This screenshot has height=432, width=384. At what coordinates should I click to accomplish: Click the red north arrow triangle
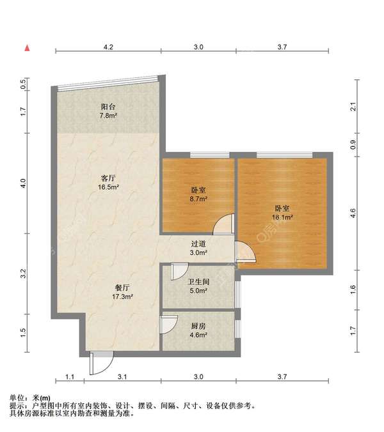point(27,48)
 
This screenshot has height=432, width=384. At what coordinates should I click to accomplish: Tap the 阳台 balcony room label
point(108,107)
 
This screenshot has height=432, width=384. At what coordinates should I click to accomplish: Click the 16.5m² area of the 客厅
point(108,187)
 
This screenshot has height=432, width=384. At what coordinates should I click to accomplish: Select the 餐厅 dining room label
point(122,288)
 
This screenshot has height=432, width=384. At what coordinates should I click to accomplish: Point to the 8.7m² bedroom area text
point(198,199)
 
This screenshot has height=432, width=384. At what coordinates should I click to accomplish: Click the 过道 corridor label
point(198,244)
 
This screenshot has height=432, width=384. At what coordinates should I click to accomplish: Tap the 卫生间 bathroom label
point(198,282)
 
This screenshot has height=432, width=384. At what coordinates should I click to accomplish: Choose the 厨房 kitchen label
point(198,326)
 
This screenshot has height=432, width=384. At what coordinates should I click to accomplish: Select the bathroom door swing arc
point(182,274)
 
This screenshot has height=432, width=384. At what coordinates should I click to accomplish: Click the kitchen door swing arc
point(172,328)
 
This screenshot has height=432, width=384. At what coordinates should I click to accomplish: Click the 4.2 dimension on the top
point(108,47)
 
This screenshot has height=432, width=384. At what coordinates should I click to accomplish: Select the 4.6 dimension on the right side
point(353,213)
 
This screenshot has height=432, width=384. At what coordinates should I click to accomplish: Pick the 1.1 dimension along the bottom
point(70,376)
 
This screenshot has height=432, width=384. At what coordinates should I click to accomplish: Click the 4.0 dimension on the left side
point(24,183)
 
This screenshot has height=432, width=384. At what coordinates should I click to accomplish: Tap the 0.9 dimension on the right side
point(353,145)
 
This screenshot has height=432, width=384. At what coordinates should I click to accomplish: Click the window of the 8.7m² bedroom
point(210,155)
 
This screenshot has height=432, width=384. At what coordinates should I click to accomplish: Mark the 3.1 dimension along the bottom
point(122,376)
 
